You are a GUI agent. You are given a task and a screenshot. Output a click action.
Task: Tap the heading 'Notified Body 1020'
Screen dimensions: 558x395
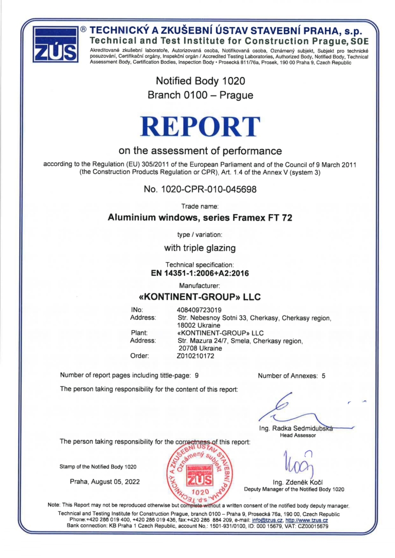coord(197,81)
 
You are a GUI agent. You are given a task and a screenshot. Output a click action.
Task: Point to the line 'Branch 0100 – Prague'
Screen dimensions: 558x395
coord(197,95)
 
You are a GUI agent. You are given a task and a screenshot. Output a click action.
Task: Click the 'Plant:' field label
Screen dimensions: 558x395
coord(140,332)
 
